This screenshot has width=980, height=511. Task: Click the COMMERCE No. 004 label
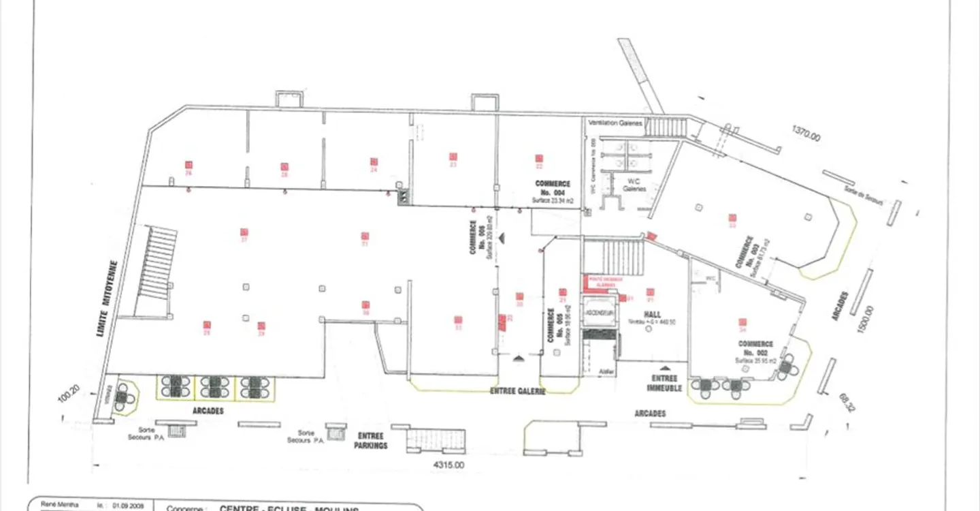[552, 188]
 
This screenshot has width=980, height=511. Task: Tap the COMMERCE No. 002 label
[755, 348]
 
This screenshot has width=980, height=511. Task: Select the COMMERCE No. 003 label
[751, 255]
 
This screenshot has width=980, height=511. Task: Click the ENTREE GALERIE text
[518, 392]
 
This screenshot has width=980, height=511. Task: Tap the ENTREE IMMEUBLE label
[664, 383]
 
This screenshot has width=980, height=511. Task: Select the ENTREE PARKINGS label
[371, 441]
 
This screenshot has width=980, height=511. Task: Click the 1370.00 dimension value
[806, 134]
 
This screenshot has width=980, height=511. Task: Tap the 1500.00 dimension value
[864, 318]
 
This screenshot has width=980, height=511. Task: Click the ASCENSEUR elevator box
[600, 313]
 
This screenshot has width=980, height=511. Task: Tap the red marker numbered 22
[539, 159]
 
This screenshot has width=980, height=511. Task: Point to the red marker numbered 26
[189, 165]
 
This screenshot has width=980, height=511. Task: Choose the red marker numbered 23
[453, 157]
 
